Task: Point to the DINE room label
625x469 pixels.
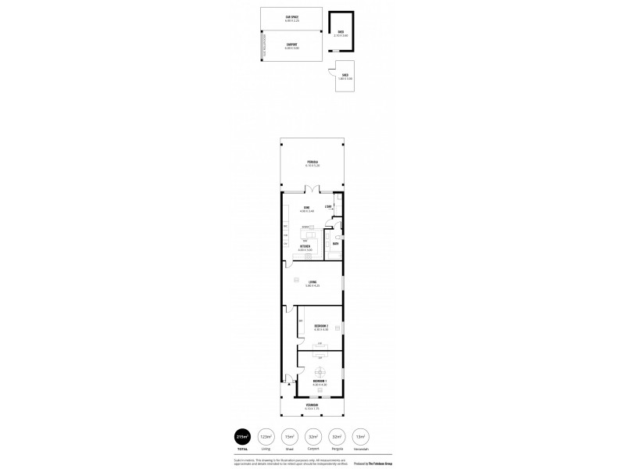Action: (307, 209)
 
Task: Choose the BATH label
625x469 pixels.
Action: (335, 244)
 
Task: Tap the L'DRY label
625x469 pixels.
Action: (329, 206)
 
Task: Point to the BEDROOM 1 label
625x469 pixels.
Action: (320, 382)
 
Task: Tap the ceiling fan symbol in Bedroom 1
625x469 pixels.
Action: (319, 372)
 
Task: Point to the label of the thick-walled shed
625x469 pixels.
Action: (341, 33)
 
